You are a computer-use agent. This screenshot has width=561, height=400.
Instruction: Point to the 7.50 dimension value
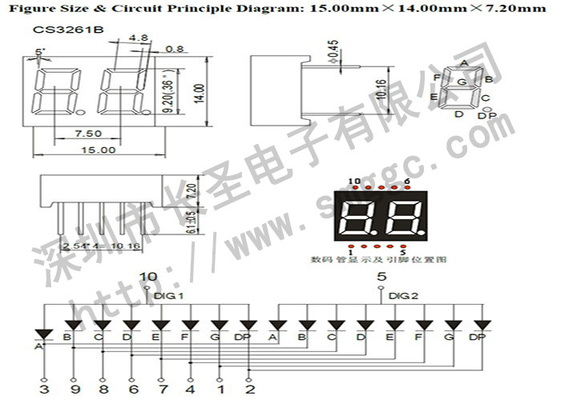pyautogui.click(x=87, y=133)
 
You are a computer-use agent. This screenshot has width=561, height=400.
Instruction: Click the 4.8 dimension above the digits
pyautogui.click(x=138, y=38)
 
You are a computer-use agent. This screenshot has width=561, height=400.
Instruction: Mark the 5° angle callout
pyautogui.click(x=41, y=52)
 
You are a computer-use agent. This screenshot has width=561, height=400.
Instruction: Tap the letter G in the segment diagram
pyautogui.click(x=461, y=82)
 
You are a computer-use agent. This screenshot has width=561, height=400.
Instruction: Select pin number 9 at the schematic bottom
pyautogui.click(x=73, y=389)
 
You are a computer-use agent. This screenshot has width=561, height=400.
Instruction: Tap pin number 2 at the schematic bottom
pyautogui.click(x=250, y=389)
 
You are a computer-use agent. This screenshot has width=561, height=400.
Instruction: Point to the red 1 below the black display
pyautogui.click(x=351, y=252)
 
